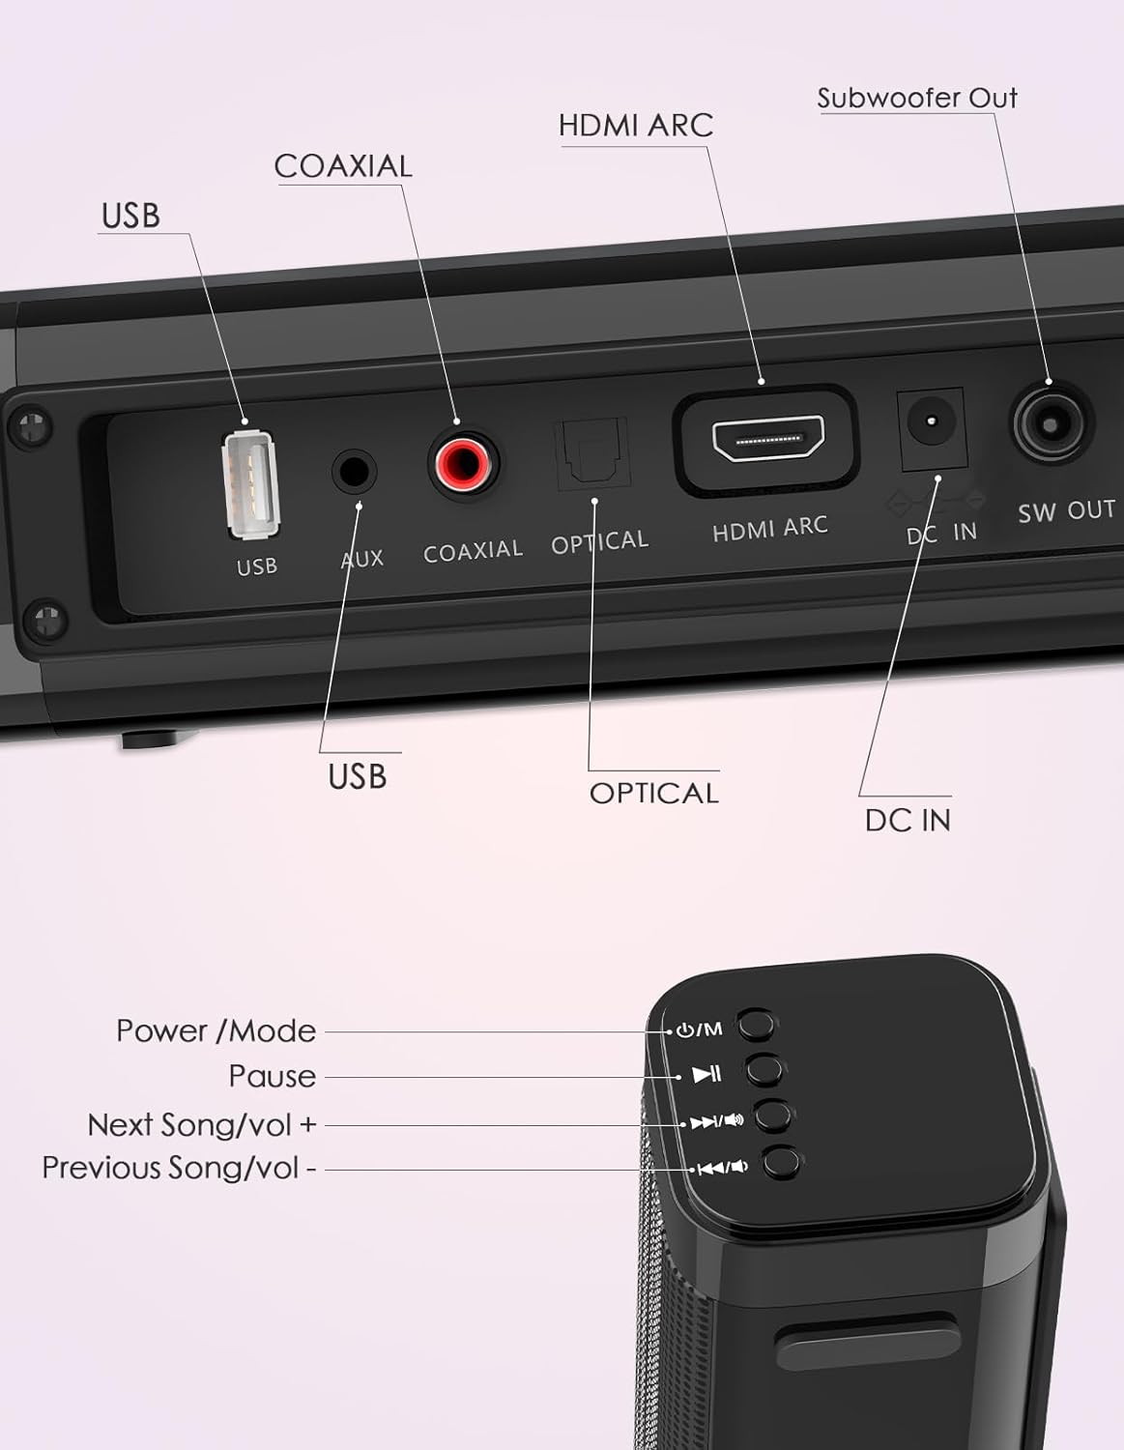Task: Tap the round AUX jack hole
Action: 354,472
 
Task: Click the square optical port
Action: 591,453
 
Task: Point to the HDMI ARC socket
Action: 767,440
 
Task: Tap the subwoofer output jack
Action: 1052,422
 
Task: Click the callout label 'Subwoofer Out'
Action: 916,98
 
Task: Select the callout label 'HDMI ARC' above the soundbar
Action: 635,126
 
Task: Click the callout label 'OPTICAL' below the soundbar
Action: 653,793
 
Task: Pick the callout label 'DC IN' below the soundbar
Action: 908,820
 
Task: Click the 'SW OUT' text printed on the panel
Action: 1066,511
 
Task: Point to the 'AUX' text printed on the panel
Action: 362,559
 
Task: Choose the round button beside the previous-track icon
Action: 781,1162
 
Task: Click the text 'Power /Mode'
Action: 216,1030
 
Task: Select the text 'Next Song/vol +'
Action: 201,1124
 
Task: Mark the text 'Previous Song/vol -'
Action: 179,1168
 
